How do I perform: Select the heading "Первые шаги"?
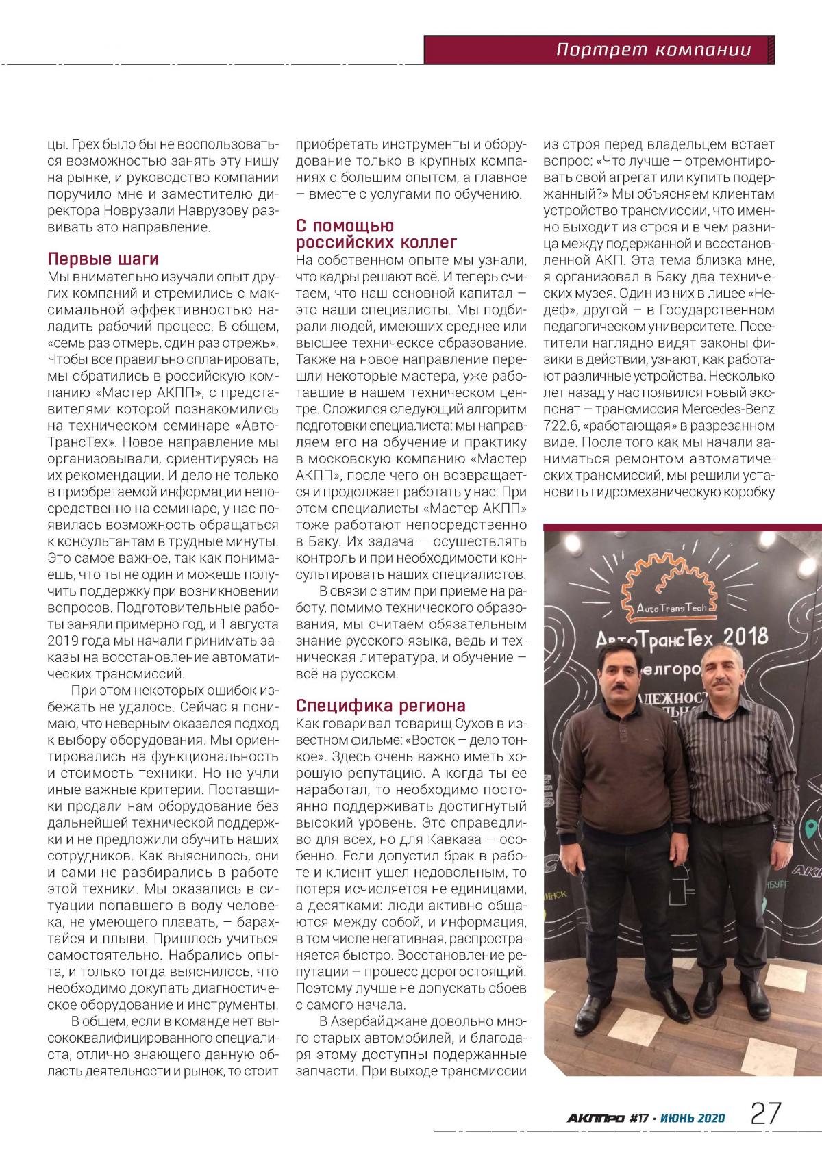[x=103, y=259]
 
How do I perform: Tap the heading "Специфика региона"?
[x=380, y=705]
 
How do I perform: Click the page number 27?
[x=766, y=1113]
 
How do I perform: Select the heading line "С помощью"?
[x=345, y=226]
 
